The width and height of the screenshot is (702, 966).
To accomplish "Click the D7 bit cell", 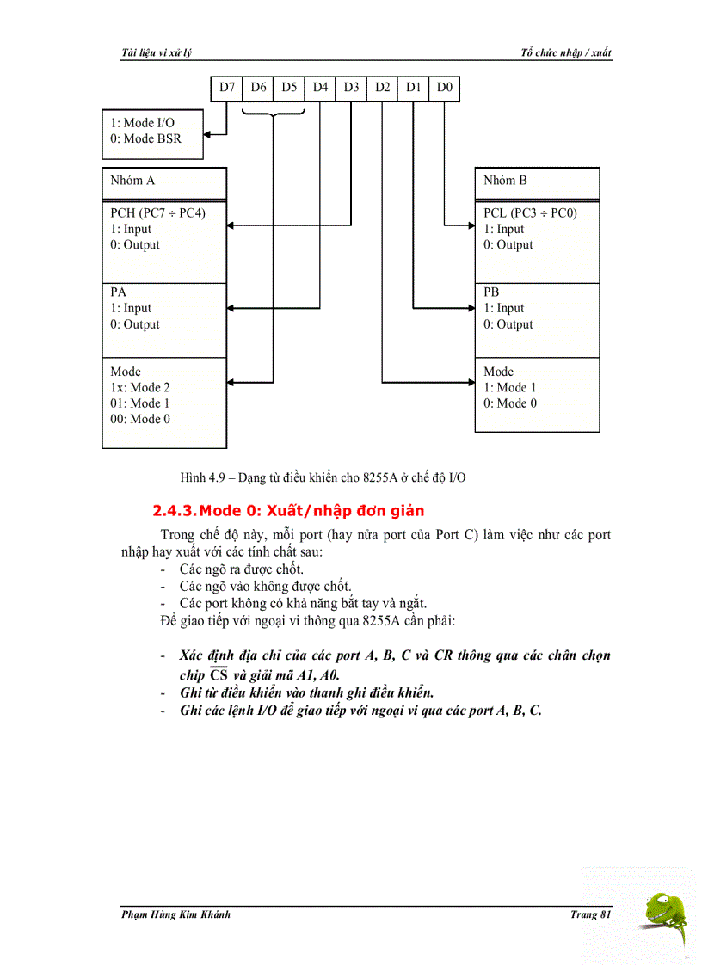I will pyautogui.click(x=227, y=87).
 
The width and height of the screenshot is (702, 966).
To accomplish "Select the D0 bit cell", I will pyautogui.click(x=444, y=87).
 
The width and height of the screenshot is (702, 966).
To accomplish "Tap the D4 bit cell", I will pyautogui.click(x=320, y=87).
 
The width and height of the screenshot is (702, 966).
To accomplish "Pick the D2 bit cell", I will pyautogui.click(x=382, y=87).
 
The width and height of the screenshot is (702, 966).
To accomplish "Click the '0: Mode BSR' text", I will pyautogui.click(x=145, y=138).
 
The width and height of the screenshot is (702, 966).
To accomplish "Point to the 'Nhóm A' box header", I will pyautogui.click(x=133, y=181).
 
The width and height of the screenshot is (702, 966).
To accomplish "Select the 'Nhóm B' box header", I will pyautogui.click(x=506, y=181).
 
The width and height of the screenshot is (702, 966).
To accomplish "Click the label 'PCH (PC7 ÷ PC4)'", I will pyautogui.click(x=157, y=212).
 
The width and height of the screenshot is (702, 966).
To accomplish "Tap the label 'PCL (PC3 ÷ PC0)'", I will pyautogui.click(x=530, y=212).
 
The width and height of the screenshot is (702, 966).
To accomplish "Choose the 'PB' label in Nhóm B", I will pyautogui.click(x=491, y=292).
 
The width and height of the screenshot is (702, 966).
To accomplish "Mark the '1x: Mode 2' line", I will pyautogui.click(x=140, y=387).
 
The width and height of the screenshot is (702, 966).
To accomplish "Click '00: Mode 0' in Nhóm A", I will pyautogui.click(x=140, y=419).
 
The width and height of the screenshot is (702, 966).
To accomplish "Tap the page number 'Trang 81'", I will pyautogui.click(x=590, y=914).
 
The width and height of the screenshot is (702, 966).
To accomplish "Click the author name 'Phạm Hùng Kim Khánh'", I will pyautogui.click(x=176, y=914).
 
